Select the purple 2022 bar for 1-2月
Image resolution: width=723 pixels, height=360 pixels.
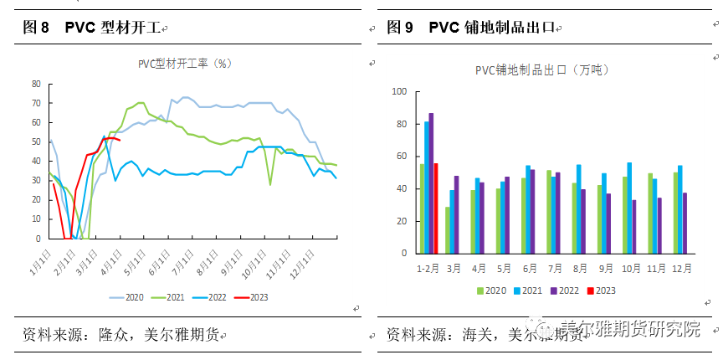pyautogui.click(x=431, y=183)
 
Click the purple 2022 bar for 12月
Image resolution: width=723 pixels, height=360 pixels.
pyautogui.click(x=685, y=224)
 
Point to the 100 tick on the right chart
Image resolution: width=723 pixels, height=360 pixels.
pyautogui.click(x=399, y=92)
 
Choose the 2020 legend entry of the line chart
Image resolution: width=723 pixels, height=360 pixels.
pyautogui.click(x=126, y=296)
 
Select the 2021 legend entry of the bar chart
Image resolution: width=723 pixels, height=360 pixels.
pyautogui.click(x=525, y=291)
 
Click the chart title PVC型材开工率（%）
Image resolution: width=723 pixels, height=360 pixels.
pyautogui.click(x=184, y=62)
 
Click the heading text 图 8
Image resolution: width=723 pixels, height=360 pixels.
pyautogui.click(x=36, y=28)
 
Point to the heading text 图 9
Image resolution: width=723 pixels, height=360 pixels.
pyautogui.click(x=400, y=28)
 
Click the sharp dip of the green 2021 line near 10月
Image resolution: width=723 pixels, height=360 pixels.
pyautogui.click(x=269, y=184)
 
